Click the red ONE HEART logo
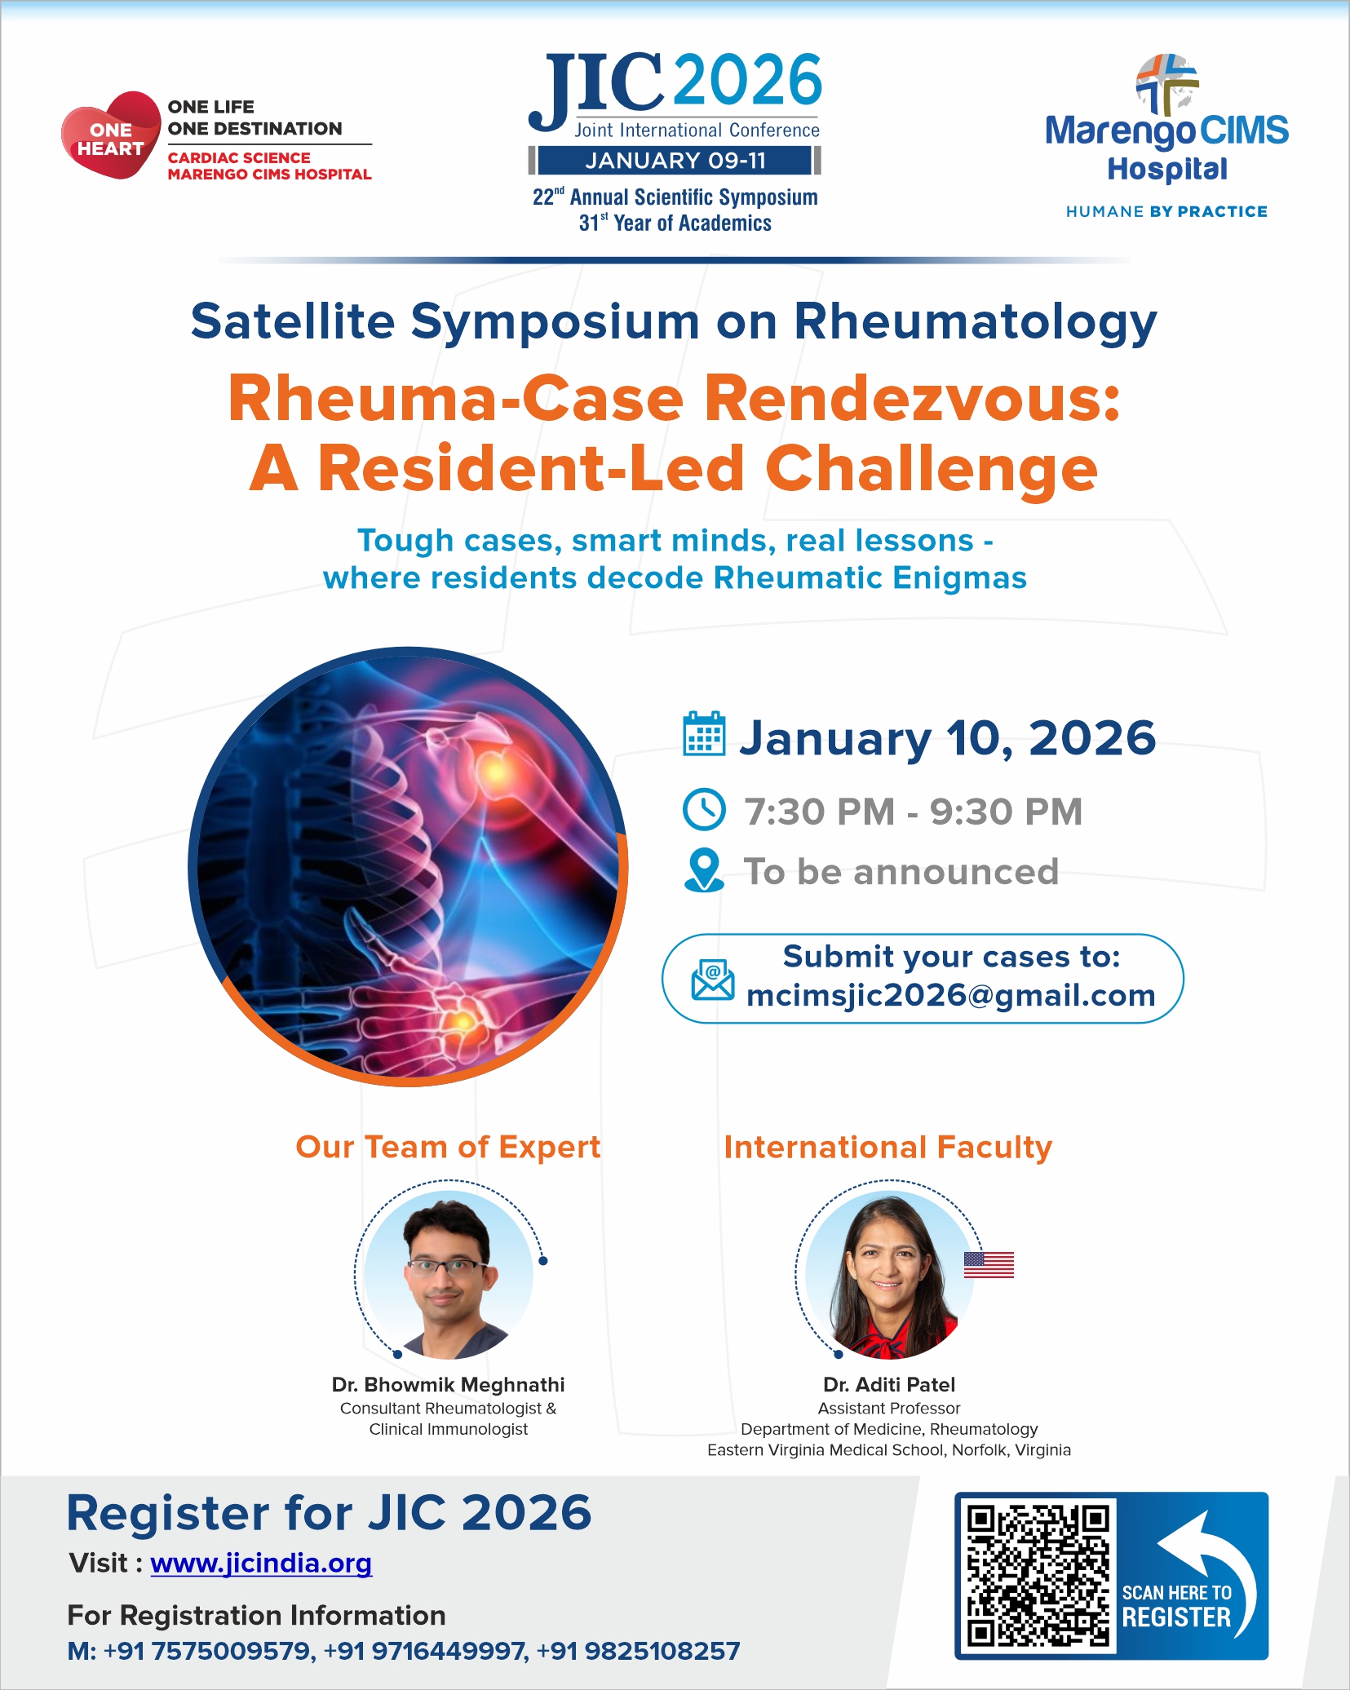tap(111, 135)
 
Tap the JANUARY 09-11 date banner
tap(675, 161)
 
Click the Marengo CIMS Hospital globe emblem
tap(1167, 84)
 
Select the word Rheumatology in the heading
tap(976, 321)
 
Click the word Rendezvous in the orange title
tap(912, 400)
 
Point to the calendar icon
tap(704, 734)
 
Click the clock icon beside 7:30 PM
tap(703, 809)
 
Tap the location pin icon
tap(704, 871)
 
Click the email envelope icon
tap(712, 980)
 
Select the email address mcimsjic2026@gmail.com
tap(951, 996)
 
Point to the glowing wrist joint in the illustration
tap(461, 1020)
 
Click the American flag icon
tap(989, 1265)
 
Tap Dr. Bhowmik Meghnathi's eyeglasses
tap(445, 1267)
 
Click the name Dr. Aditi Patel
tap(889, 1385)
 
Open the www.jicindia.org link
tap(261, 1564)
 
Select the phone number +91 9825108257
tap(638, 1652)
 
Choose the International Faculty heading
tap(888, 1147)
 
